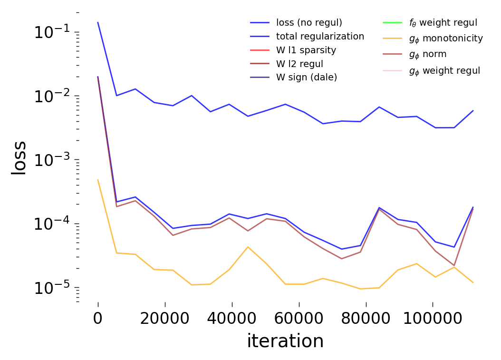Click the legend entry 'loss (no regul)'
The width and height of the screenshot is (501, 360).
(309, 22)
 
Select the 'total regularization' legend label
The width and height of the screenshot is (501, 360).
(320, 36)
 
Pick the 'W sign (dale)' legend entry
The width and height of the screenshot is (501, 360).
(307, 78)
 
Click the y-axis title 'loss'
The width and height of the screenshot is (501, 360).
(19, 159)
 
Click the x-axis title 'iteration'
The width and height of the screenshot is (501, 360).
(285, 341)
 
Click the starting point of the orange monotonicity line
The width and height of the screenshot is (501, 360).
(98, 180)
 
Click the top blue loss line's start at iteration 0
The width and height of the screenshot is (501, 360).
(98, 22)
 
